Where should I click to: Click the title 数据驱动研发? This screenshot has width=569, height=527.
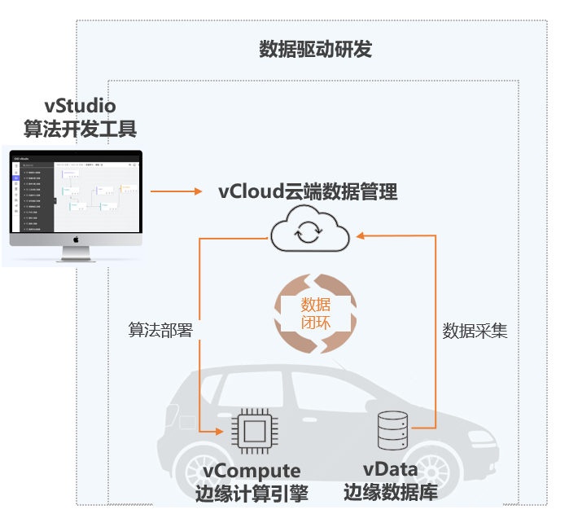(x=315, y=50)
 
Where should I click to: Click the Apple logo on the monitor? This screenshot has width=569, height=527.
(x=76, y=240)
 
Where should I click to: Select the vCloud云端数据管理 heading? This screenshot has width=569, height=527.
(x=308, y=192)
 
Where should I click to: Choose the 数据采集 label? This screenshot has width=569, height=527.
(x=475, y=331)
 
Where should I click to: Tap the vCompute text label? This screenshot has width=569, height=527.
(x=252, y=471)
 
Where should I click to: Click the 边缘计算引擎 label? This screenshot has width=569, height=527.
(x=252, y=494)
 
